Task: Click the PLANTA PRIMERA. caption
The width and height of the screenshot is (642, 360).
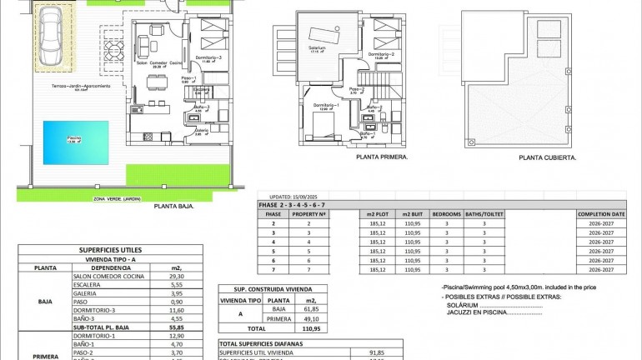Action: pos(381,156)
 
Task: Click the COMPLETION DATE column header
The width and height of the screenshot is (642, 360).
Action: pos(600,214)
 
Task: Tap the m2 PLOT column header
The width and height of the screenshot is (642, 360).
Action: pos(379,214)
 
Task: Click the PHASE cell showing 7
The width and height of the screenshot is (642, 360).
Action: pos(273,270)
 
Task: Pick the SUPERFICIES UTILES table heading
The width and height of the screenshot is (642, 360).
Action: pos(110,249)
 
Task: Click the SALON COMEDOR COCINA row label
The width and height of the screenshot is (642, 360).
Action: pos(109,277)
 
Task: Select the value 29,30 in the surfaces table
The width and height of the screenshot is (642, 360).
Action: pos(175,277)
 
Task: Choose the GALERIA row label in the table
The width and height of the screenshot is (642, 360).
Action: pos(109,292)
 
